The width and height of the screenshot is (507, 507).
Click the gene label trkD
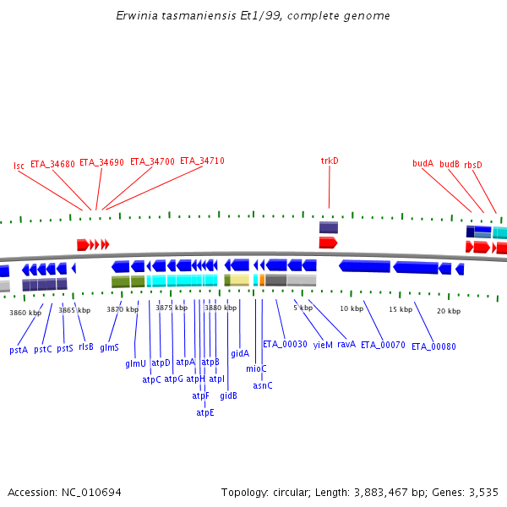click(330, 161)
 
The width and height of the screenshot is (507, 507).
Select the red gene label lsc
click(19, 166)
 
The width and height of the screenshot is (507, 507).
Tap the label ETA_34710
click(202, 161)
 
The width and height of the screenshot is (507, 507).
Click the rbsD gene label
click(473, 165)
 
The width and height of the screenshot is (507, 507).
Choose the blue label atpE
click(205, 412)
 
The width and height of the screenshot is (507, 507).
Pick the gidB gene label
click(228, 395)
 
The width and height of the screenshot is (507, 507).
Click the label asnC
click(263, 385)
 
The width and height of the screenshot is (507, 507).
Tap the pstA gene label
click(19, 349)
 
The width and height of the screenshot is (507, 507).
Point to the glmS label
click(110, 347)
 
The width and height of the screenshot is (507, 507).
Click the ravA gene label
click(346, 344)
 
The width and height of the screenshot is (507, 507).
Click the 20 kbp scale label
click(449, 311)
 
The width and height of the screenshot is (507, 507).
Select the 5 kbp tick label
click(303, 308)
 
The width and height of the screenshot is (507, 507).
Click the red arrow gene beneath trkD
click(328, 243)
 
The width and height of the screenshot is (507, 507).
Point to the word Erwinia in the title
click(137, 16)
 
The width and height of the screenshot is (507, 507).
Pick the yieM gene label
click(323, 345)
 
